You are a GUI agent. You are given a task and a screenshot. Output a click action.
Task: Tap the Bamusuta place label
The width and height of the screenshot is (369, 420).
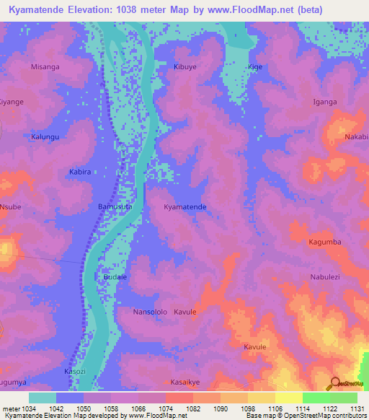point(115,207)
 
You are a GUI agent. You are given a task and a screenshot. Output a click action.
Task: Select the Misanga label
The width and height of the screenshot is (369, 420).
point(45,66)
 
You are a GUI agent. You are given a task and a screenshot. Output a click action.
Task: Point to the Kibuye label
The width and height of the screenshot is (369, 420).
point(185,66)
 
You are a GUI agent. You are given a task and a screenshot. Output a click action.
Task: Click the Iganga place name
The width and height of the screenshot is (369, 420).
point(324,102)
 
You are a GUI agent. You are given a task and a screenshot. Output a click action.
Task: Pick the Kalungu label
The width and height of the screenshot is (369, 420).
point(44,136)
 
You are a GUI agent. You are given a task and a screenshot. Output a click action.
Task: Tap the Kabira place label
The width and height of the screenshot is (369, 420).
point(79,172)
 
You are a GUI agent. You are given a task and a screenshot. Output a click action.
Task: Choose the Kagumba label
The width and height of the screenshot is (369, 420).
point(324,242)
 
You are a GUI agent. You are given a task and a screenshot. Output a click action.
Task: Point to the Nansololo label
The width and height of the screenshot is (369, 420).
point(150,312)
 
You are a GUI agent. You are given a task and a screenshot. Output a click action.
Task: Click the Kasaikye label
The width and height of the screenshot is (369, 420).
point(185,382)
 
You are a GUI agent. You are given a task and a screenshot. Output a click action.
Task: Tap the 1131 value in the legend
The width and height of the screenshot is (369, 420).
point(357,408)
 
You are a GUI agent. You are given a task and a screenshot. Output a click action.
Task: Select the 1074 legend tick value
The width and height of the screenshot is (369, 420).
point(165,408)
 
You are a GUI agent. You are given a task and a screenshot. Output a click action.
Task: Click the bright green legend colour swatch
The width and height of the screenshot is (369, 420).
point(316,398)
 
